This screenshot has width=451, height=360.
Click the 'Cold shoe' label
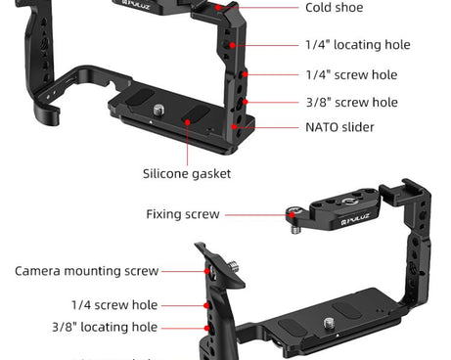click(x=334, y=8)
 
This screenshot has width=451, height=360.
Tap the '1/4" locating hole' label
click(x=357, y=45)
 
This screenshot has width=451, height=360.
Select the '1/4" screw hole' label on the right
click(x=351, y=74)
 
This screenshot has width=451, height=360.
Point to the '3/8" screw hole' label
click(x=351, y=102)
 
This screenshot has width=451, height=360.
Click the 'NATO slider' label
click(x=339, y=127)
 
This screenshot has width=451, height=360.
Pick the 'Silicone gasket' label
click(x=187, y=173)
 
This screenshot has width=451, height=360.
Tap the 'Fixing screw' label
click(x=183, y=214)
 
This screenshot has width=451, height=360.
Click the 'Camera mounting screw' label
click(x=86, y=271)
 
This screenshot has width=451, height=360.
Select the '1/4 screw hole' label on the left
click(x=113, y=305)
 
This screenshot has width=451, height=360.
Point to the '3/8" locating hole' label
click(x=105, y=327)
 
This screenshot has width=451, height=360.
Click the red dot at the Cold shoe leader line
click(x=236, y=8)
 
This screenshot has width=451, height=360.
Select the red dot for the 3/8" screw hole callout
click(x=247, y=102)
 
